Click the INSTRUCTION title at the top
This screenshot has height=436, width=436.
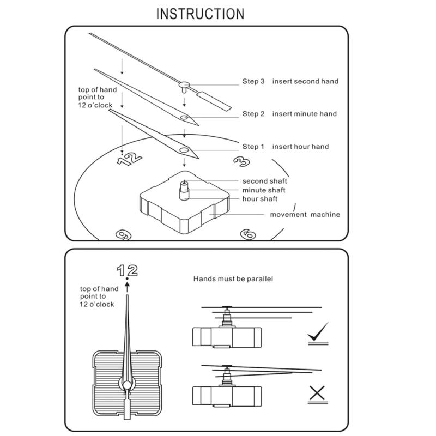(x=201, y=14)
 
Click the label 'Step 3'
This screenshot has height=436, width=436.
(x=253, y=82)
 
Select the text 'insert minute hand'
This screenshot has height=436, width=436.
(x=305, y=114)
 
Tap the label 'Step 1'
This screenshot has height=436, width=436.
(x=253, y=147)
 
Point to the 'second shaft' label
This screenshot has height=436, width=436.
(x=265, y=181)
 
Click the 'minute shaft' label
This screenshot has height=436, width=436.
(x=264, y=190)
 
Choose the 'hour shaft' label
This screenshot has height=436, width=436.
(x=260, y=199)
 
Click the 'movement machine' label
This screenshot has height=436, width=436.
(x=305, y=214)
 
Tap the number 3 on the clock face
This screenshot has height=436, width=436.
(x=241, y=161)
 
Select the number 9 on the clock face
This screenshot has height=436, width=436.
(x=122, y=234)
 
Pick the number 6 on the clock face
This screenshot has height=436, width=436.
(x=249, y=234)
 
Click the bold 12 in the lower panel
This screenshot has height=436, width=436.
(x=126, y=270)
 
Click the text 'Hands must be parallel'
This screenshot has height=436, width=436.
(x=233, y=278)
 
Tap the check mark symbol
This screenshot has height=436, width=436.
(x=318, y=334)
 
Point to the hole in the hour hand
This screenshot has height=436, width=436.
(x=184, y=149)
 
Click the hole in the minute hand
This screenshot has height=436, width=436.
(x=184, y=117)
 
